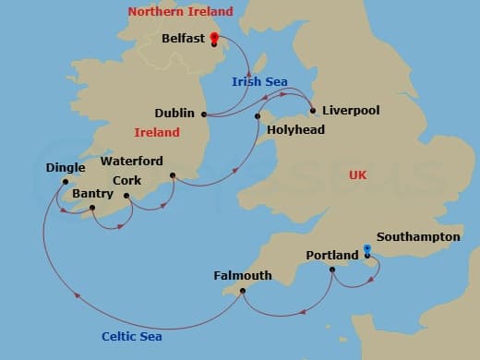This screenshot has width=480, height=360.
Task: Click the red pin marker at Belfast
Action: pos(214,38)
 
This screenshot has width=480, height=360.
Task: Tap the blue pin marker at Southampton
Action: pos(367,249)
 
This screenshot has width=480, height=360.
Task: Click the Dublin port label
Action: pos(174,114)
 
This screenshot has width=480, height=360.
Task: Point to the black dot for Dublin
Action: pos(204,114)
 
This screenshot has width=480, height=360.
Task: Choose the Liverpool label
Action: pos(351,110)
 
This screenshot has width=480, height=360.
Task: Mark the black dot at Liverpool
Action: pos(313,111)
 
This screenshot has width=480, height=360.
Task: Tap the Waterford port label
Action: pos(132,161)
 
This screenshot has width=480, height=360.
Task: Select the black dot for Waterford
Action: pos(172,174)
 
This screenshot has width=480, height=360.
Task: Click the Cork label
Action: pos(126,181)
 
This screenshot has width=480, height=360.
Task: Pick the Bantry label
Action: pos(92,194)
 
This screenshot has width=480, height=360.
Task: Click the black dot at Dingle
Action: pos(65,182)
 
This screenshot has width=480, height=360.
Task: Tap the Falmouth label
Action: pos(242,275)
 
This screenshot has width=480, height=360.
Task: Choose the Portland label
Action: pos(331,255)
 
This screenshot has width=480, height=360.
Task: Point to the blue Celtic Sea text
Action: pos(132,337)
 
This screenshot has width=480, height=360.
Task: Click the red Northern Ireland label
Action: pos(180,12)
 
